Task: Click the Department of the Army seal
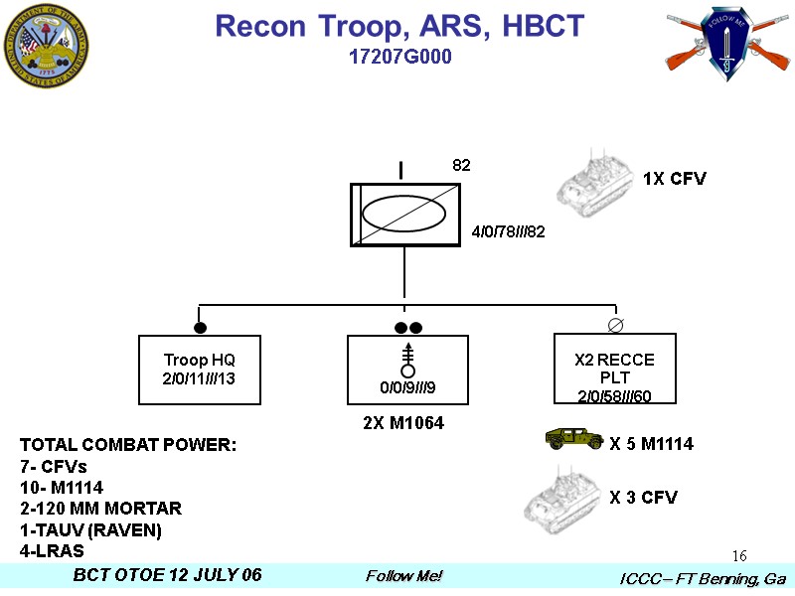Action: (x=46, y=46)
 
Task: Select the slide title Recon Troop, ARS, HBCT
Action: (x=399, y=27)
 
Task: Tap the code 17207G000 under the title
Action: (x=399, y=58)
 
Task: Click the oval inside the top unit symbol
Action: (x=403, y=214)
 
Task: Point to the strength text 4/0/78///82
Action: (x=508, y=231)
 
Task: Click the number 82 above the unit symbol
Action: (x=461, y=165)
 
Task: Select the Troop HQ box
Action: (x=199, y=370)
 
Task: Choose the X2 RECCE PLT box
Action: (x=614, y=370)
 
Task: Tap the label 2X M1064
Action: (x=402, y=423)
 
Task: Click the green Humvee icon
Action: (x=574, y=439)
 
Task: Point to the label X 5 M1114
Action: (x=651, y=444)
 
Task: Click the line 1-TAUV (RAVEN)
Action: (x=90, y=529)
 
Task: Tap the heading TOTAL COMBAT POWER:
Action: (x=127, y=444)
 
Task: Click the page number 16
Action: (x=738, y=554)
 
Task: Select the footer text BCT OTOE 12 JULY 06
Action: (x=168, y=576)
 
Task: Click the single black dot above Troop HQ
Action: (x=200, y=327)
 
